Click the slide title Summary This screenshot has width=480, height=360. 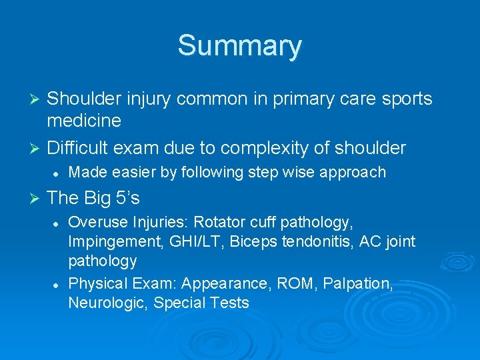click(x=239, y=46)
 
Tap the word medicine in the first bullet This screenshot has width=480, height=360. click(x=84, y=121)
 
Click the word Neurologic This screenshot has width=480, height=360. click(x=108, y=303)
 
